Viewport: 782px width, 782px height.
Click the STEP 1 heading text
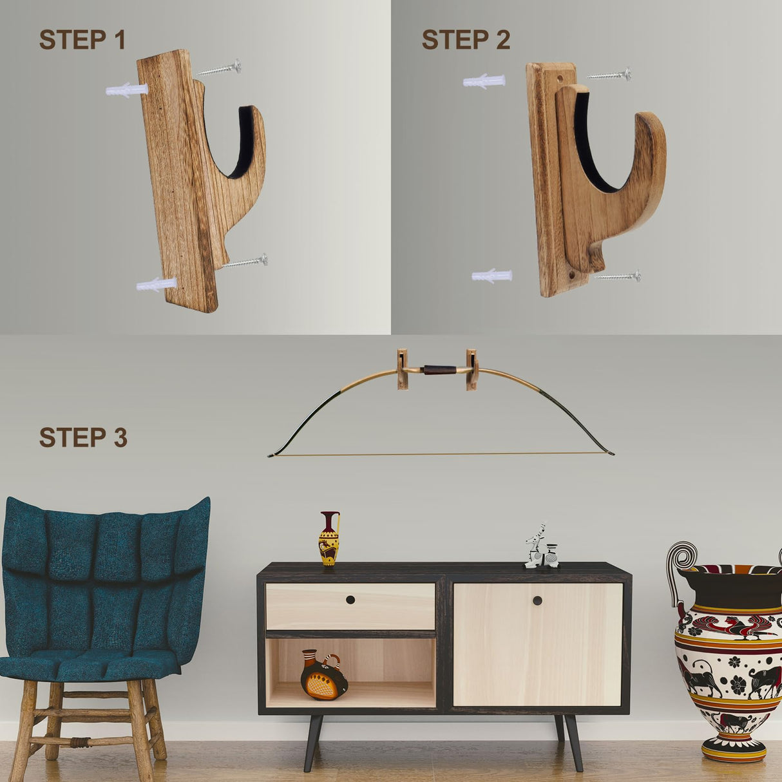tap(82, 40)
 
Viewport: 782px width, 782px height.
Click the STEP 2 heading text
tap(465, 40)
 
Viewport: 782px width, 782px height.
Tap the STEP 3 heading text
tap(83, 437)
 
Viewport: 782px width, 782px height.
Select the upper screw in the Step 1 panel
tap(220, 68)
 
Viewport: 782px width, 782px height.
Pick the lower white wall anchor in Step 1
tap(156, 284)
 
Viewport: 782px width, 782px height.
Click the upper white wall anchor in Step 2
tap(484, 81)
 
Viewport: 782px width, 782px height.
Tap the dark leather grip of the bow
tap(437, 370)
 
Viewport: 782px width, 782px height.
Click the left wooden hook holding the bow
tap(403, 369)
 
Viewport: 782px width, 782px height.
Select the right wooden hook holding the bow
tap(472, 369)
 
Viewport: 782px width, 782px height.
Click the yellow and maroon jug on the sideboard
tap(329, 539)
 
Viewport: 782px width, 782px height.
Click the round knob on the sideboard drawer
tap(350, 600)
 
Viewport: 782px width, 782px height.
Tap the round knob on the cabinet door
tap(537, 601)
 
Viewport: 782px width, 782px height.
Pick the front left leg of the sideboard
tap(313, 742)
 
